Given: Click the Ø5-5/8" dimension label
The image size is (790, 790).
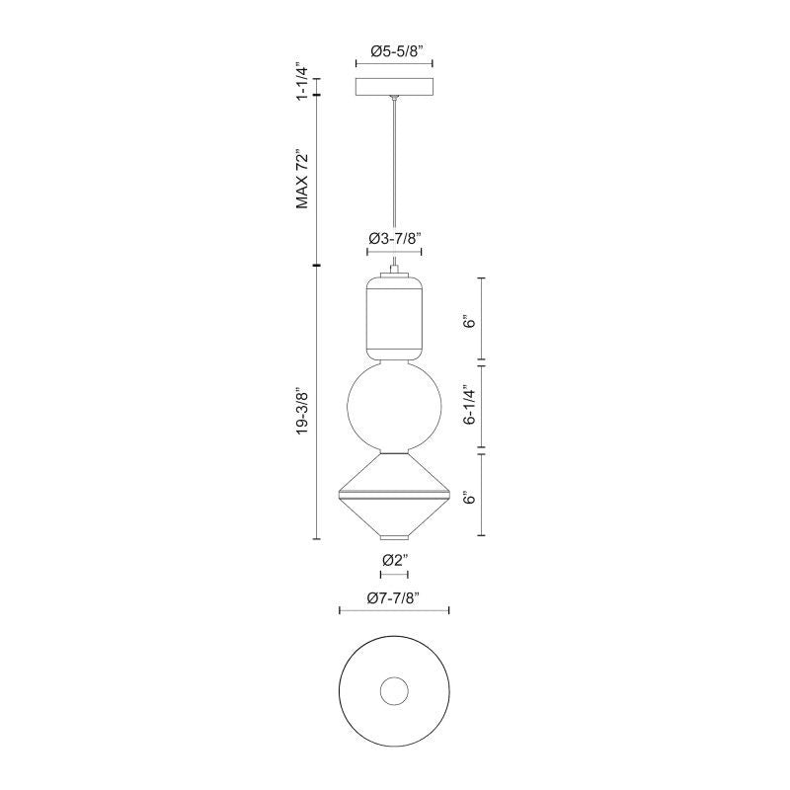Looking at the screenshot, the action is (394, 51).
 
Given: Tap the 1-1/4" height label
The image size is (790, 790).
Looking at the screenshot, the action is (301, 81).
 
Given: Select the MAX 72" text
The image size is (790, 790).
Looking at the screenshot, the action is (301, 179).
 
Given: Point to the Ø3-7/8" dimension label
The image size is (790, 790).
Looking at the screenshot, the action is (394, 238).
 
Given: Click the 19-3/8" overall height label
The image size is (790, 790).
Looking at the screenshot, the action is (301, 411).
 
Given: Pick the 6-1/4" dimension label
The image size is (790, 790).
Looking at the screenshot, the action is (470, 406).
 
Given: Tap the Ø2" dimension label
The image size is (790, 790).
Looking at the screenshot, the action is (394, 560).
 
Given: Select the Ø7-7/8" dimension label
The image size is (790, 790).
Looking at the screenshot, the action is (394, 598).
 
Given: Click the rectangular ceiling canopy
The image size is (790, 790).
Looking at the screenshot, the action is (394, 87).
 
